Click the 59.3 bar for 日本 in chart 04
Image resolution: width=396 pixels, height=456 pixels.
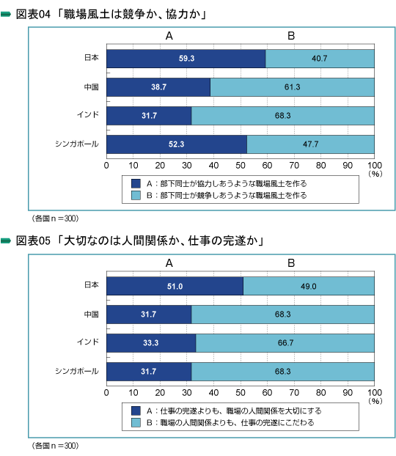[x=186, y=59]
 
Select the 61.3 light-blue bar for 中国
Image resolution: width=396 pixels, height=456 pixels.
[x=292, y=87]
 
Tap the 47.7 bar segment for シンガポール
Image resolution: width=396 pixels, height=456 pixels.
[x=310, y=144]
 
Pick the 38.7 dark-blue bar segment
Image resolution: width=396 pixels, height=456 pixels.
[x=158, y=87]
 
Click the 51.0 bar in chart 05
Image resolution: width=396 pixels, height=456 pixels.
[x=175, y=286]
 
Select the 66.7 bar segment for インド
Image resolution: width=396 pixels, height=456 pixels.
[x=285, y=343]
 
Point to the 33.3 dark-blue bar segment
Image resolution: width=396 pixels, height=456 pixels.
[x=151, y=343]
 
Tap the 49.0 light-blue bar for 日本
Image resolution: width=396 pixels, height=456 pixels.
[x=309, y=286]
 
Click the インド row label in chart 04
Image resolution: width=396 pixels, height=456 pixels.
[x=88, y=114]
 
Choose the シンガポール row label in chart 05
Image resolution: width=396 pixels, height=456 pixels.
[x=77, y=371]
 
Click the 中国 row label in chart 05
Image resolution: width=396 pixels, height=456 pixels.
[x=92, y=314]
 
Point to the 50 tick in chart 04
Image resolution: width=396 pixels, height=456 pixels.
[x=241, y=166]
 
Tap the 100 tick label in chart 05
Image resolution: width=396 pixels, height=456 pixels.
[x=375, y=393]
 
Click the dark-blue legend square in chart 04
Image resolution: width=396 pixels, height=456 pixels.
[x=136, y=183]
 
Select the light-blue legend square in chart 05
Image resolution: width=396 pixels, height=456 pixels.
[x=136, y=422]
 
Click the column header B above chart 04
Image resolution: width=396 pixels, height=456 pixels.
[x=291, y=36]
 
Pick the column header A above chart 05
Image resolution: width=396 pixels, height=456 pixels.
[x=169, y=263]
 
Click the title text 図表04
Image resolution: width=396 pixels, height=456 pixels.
[x=33, y=14]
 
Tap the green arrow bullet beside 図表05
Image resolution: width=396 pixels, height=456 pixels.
[x=6, y=240]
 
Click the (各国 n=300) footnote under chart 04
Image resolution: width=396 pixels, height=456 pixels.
[x=55, y=218]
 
